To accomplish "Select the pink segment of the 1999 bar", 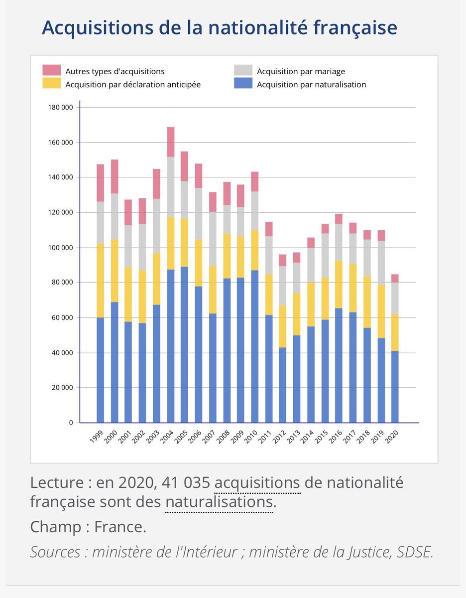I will pyautogui.click(x=101, y=183).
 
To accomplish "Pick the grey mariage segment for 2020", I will pyautogui.click(x=395, y=298).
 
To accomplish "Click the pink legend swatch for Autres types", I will pyautogui.click(x=51, y=71).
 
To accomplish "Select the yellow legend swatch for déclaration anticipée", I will pyautogui.click(x=51, y=84).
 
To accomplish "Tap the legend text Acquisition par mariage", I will pyautogui.click(x=301, y=72).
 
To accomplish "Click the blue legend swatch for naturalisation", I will pyautogui.click(x=243, y=84).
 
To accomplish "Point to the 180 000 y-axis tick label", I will pyautogui.click(x=60, y=108).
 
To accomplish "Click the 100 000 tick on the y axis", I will pyautogui.click(x=60, y=248).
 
